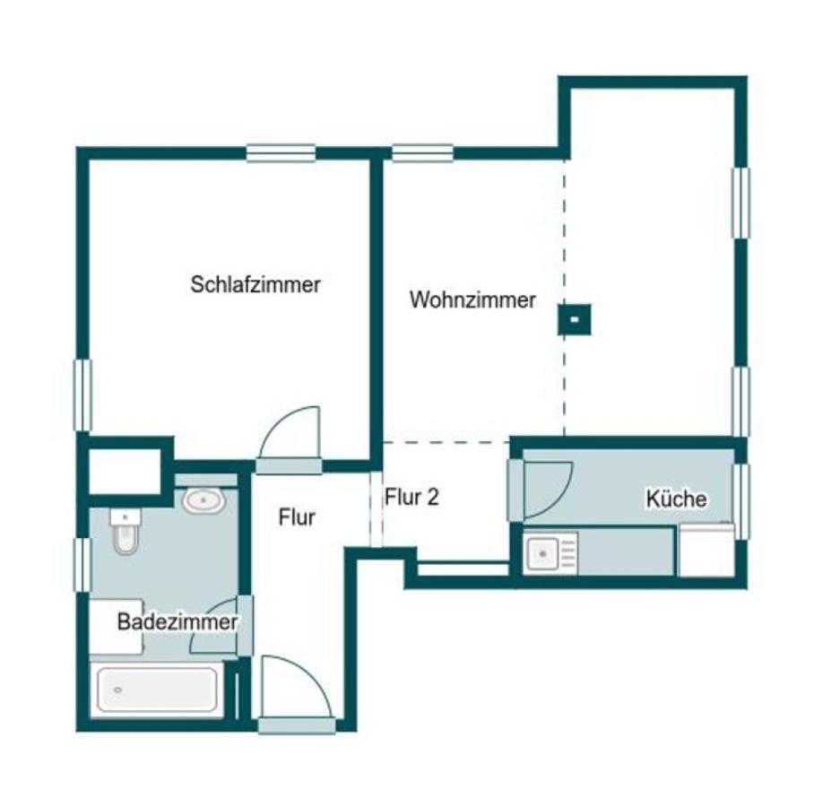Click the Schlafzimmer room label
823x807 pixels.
click(x=256, y=285)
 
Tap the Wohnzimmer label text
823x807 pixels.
click(x=472, y=300)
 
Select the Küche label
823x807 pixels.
click(x=677, y=499)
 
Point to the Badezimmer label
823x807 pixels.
click(x=178, y=622)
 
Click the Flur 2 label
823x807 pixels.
click(x=411, y=497)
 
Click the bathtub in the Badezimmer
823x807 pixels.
click(x=158, y=690)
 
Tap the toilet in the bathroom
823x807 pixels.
click(x=123, y=534)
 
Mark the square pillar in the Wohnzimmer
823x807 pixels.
click(x=574, y=318)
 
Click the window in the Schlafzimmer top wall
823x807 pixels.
click(x=282, y=153)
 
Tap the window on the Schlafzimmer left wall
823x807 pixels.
click(x=82, y=395)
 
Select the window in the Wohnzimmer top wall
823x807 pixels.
click(x=422, y=153)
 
